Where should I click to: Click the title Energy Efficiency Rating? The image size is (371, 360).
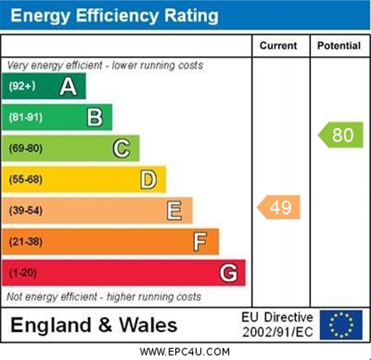click(114, 16)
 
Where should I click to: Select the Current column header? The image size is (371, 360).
click(278, 46)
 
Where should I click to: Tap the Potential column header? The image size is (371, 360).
click(339, 46)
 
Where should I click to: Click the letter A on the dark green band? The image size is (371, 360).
click(68, 87)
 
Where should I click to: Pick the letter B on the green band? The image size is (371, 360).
click(95, 117)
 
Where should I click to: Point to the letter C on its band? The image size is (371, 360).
click(121, 148)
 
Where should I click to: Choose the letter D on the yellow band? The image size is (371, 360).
click(148, 179)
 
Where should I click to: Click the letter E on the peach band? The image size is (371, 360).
click(174, 211)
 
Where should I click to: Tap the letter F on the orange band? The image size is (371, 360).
click(200, 241)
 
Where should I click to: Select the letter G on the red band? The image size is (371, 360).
click(228, 273)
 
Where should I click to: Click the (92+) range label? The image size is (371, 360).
click(22, 86)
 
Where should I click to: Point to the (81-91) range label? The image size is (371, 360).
click(25, 117)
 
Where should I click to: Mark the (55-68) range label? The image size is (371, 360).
click(25, 179)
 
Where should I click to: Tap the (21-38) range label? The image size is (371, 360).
click(25, 241)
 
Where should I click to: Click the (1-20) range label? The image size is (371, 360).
click(22, 273)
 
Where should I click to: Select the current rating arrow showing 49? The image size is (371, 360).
click(279, 207)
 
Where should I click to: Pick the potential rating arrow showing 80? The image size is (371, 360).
click(341, 135)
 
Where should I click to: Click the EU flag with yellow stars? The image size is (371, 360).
click(341, 324)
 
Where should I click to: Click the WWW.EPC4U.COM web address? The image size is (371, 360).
click(185, 351)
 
